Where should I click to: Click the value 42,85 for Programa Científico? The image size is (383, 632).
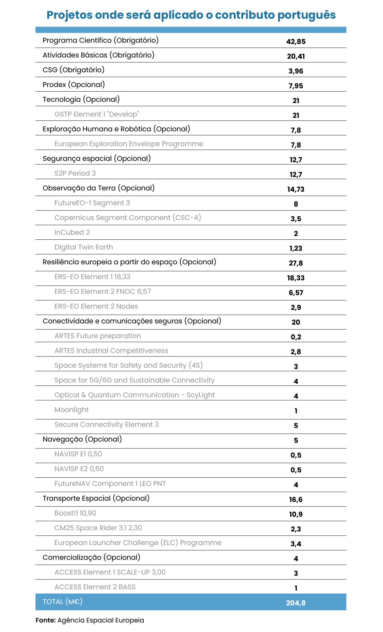pos(296,42)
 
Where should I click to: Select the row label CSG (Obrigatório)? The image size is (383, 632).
pos(73,70)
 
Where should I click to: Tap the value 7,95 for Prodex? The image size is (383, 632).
pos(296,86)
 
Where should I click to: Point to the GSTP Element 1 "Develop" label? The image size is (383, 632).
pos(97,114)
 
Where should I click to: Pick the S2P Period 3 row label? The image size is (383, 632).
pos(75,173)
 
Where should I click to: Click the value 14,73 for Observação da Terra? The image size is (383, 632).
pos(296,189)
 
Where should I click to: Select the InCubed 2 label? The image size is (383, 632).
pos(72,232)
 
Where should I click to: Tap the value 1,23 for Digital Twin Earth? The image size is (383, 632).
pos(296,249)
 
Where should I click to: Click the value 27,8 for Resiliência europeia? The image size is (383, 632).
pos(296,263)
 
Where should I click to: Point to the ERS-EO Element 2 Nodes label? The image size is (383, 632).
pos(96,306)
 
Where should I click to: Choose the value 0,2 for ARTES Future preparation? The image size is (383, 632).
pos(296,337)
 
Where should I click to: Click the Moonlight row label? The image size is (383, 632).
pos(71,410)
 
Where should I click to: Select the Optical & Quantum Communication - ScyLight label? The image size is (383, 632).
pos(134,395)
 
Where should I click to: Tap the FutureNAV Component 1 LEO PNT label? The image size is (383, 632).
pos(110,484)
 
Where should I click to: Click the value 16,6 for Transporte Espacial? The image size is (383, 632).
pos(296,500)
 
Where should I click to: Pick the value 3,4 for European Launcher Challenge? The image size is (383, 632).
pos(296,544)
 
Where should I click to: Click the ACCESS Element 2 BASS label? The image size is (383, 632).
pos(95,587)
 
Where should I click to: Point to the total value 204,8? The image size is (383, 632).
pos(296,603)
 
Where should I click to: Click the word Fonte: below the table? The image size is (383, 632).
pos(46,620)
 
